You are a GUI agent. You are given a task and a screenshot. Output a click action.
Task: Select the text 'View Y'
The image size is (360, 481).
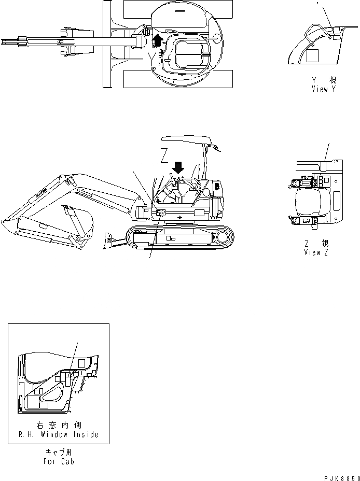tap(324, 89)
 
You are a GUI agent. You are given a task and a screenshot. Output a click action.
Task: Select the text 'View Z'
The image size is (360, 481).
tap(316, 252)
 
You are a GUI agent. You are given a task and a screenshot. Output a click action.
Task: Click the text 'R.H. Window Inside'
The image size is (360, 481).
tap(58, 434)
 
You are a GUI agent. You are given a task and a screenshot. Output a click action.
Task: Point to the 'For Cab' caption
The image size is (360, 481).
tap(58, 461)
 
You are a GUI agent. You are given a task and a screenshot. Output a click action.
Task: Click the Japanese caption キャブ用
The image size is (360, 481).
tap(58, 452)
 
